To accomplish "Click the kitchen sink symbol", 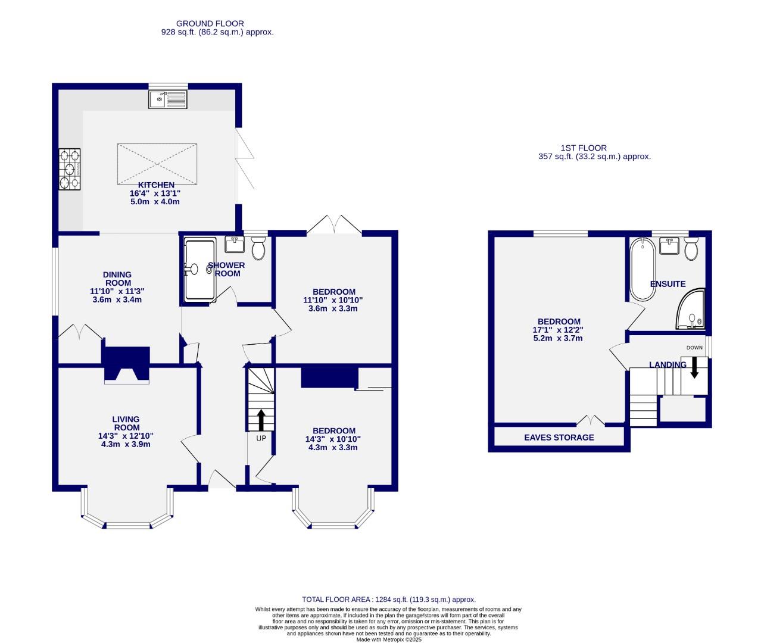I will pyautogui.click(x=168, y=99).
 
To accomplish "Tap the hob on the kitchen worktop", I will pyautogui.click(x=69, y=169).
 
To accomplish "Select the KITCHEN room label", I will pyautogui.click(x=156, y=185).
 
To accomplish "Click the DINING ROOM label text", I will pyautogui.click(x=118, y=279).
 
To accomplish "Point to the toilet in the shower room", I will pyautogui.click(x=258, y=248).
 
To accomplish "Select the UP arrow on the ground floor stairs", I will pyautogui.click(x=260, y=419).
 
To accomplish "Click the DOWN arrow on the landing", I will pyautogui.click(x=694, y=368).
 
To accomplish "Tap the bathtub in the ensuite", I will pyautogui.click(x=643, y=269).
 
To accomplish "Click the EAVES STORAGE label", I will pyautogui.click(x=559, y=438).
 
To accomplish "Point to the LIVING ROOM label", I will pyautogui.click(x=126, y=423).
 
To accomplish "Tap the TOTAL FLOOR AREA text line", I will pyautogui.click(x=389, y=600).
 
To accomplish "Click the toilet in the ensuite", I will pyautogui.click(x=691, y=249).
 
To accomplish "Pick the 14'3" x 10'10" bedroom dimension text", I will pyautogui.click(x=334, y=439).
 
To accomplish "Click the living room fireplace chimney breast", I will pyautogui.click(x=126, y=363).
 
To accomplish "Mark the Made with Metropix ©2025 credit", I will pyautogui.click(x=389, y=639).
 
